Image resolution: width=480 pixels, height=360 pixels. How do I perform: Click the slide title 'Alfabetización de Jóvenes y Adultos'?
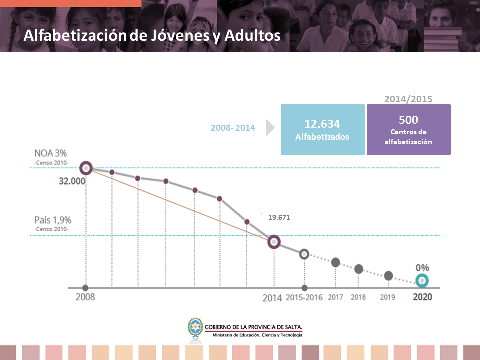pos(152,36)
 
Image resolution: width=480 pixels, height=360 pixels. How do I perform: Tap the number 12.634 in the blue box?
pos(322,124)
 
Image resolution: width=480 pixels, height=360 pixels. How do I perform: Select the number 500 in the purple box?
pos(408,120)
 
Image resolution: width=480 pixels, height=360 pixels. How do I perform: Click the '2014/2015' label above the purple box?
pos(408,99)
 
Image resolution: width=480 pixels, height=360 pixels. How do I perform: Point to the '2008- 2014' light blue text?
pos(233,128)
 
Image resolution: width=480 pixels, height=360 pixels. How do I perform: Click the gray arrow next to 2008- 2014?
pos(270,128)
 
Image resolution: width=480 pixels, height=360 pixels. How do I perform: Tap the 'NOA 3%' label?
pos(51,153)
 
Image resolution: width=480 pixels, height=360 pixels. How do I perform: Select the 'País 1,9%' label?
pos(53,220)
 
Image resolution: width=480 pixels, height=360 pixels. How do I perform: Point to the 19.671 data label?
pos(279,217)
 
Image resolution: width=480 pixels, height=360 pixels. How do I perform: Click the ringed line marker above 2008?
pos(86,168)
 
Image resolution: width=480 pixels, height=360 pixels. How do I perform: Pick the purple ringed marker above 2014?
pos(274,242)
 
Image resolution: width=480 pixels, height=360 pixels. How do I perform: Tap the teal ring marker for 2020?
pos(422,281)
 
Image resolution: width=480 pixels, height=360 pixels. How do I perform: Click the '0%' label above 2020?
pos(422,268)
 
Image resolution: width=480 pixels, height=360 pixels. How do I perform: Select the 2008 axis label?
pos(85,297)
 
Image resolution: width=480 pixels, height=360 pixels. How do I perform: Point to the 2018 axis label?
pos(358,297)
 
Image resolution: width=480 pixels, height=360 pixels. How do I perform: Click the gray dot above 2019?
pos(388,276)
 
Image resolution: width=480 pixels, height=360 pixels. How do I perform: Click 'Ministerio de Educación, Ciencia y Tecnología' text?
pos(258,335)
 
